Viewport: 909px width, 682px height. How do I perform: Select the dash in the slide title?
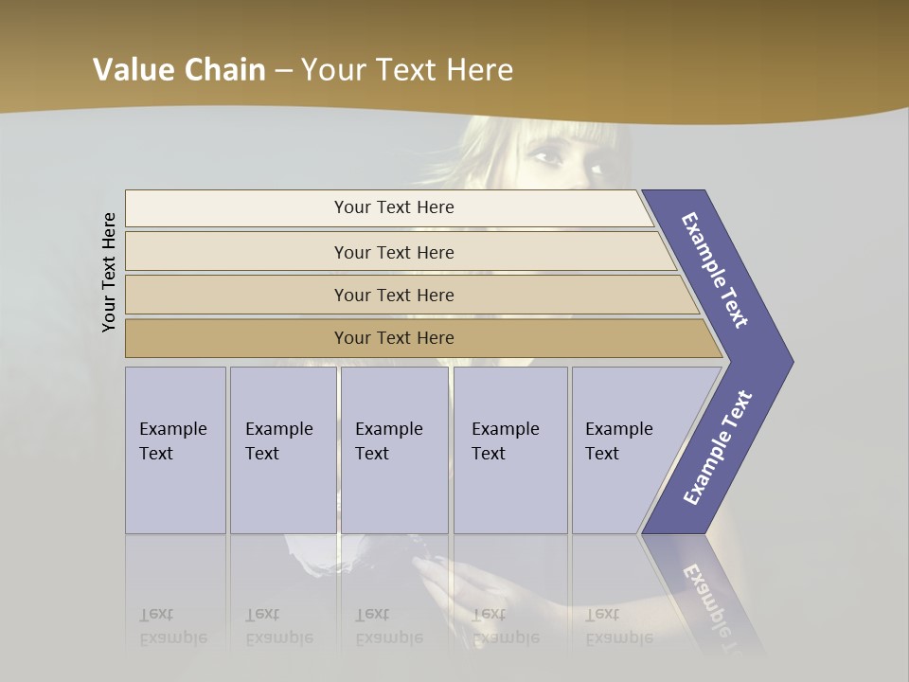[283, 71]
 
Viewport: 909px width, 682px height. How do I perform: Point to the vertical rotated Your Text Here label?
[109, 272]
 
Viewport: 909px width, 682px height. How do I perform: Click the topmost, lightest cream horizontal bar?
[393, 207]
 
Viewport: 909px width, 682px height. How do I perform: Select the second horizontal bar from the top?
[393, 252]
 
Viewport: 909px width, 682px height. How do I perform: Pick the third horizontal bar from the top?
[393, 295]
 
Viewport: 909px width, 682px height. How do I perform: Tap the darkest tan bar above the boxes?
[393, 338]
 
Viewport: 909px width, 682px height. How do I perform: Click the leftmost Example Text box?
[175, 450]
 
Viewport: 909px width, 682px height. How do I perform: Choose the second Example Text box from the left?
[282, 450]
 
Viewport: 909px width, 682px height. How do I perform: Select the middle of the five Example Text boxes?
[394, 450]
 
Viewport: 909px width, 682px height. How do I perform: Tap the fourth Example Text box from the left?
[510, 450]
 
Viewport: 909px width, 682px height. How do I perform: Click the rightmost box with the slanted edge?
[630, 450]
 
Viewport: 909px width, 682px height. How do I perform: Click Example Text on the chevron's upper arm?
[715, 270]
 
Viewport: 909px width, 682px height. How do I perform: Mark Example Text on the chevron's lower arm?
[718, 447]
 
